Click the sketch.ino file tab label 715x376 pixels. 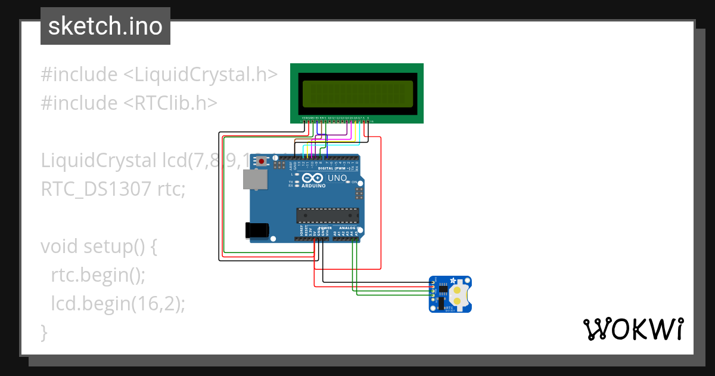click(105, 26)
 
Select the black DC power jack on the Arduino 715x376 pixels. click(257, 230)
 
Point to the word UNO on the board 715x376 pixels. click(337, 178)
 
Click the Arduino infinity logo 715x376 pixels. click(313, 178)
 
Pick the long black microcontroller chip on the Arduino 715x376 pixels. click(328, 214)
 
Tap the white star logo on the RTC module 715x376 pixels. click(453, 281)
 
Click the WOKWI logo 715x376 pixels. click(633, 329)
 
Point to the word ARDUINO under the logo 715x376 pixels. click(314, 186)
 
